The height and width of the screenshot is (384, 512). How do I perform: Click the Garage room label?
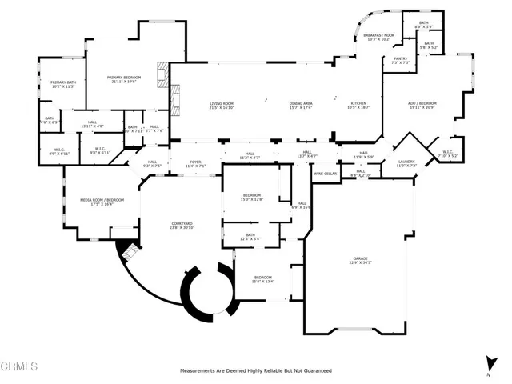[x=362, y=258]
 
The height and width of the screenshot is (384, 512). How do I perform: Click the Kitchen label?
[x=358, y=104]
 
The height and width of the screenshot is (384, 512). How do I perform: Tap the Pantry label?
[x=400, y=58]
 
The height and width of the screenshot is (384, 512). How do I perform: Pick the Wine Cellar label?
[x=324, y=174]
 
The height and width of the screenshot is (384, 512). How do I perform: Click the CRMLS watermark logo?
[x=20, y=367]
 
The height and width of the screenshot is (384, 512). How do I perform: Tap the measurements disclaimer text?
[x=255, y=371]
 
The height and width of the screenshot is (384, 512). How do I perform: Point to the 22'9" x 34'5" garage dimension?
[x=362, y=263]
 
